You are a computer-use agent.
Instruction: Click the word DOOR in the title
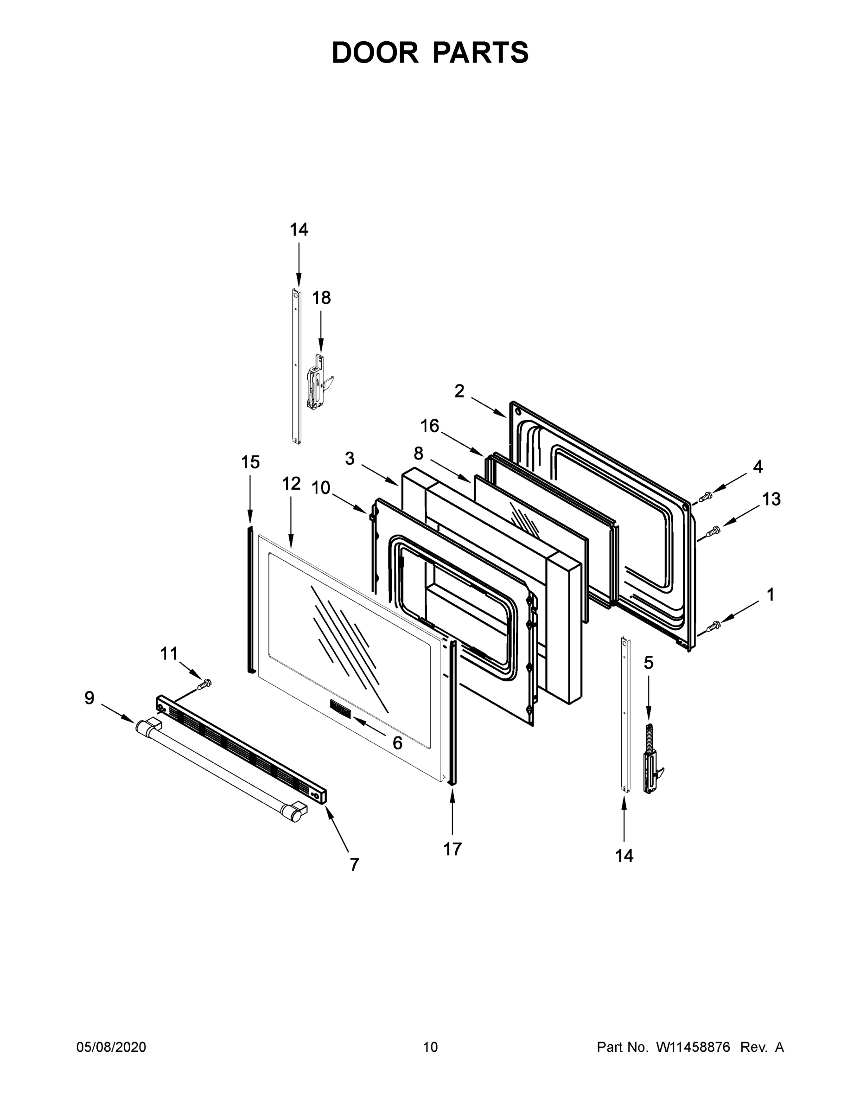[x=375, y=52]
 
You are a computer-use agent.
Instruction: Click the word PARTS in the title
[x=480, y=52]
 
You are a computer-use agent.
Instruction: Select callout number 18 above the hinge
[x=321, y=298]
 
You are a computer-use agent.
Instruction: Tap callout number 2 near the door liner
[x=459, y=391]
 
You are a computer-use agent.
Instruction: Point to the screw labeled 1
[x=713, y=625]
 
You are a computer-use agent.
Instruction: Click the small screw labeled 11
[x=205, y=684]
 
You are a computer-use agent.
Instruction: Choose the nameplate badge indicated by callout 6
[x=340, y=709]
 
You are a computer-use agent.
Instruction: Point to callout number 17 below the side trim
[x=452, y=849]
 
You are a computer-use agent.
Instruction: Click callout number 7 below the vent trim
[x=354, y=865]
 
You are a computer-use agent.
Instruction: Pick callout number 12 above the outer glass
[x=292, y=483]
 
